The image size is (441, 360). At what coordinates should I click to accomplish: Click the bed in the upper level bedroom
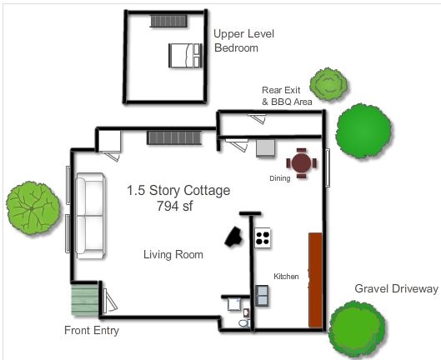(185, 55)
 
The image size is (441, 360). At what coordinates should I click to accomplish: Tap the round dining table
(301, 162)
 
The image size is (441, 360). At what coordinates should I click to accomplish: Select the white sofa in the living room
(91, 216)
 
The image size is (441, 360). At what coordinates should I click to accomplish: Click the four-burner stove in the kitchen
(263, 237)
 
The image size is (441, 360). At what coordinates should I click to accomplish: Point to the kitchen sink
(262, 296)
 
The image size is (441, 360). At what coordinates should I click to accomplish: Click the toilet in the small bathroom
(244, 323)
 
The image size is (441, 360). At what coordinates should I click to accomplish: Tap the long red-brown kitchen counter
(315, 280)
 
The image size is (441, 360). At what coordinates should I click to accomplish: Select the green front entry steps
(85, 300)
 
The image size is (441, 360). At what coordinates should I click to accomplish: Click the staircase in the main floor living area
(174, 137)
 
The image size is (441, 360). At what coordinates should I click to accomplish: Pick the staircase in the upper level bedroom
(168, 21)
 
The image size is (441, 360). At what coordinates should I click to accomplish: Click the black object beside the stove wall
(233, 237)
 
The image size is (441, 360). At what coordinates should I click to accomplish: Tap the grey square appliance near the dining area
(265, 148)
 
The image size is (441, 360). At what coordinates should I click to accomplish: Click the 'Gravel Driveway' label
(396, 289)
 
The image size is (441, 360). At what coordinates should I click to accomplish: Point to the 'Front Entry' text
(92, 330)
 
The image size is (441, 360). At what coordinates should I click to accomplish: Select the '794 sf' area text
(175, 206)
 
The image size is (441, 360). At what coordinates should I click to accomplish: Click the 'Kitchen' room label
(286, 277)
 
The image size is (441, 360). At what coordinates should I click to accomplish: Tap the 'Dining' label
(280, 178)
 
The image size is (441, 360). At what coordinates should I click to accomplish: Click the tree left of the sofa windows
(33, 208)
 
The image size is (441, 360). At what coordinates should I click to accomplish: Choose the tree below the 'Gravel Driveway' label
(357, 327)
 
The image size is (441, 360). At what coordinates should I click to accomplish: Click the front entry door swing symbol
(109, 301)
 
